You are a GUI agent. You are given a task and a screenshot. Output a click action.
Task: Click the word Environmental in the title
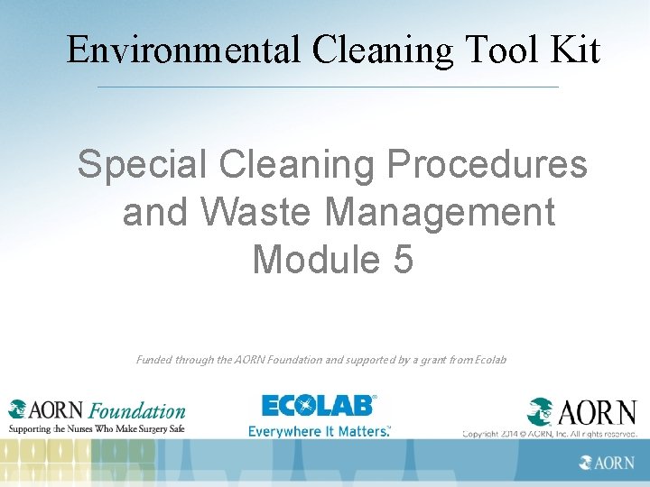click(x=183, y=50)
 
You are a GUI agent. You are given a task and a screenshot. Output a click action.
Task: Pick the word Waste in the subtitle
click(x=255, y=213)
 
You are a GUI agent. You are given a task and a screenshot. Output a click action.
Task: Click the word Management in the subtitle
click(x=439, y=213)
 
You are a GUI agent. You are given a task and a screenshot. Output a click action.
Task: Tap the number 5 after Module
click(x=402, y=261)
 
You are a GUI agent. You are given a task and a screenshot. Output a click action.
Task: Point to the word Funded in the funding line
click(x=156, y=360)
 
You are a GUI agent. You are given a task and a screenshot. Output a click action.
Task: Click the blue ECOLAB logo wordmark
click(x=318, y=406)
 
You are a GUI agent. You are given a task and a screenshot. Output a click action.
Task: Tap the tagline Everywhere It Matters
click(x=320, y=431)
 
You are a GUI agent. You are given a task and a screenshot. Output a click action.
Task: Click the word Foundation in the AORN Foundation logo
click(x=137, y=411)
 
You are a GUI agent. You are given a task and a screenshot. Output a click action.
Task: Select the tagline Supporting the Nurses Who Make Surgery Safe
click(x=97, y=429)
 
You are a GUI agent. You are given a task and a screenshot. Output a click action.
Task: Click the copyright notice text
click(x=551, y=434)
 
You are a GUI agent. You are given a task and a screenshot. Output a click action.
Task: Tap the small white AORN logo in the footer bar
click(x=607, y=463)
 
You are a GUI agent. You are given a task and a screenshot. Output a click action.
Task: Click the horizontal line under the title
click(x=327, y=87)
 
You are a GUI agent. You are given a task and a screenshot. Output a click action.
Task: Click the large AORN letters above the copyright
click(x=596, y=412)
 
